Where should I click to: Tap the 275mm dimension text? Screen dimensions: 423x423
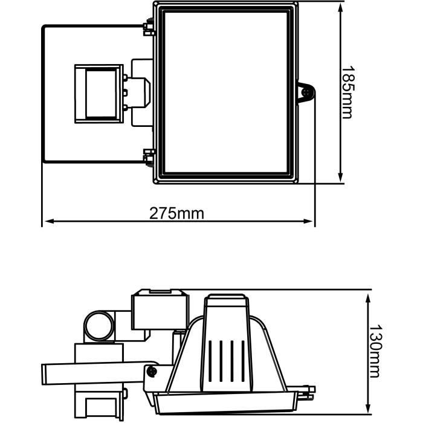(177, 213)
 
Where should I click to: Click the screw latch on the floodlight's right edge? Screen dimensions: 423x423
(306, 93)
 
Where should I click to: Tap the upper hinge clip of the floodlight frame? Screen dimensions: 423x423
(147, 27)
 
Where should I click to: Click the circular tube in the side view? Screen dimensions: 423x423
(98, 326)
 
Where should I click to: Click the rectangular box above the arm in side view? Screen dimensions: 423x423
(158, 310)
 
